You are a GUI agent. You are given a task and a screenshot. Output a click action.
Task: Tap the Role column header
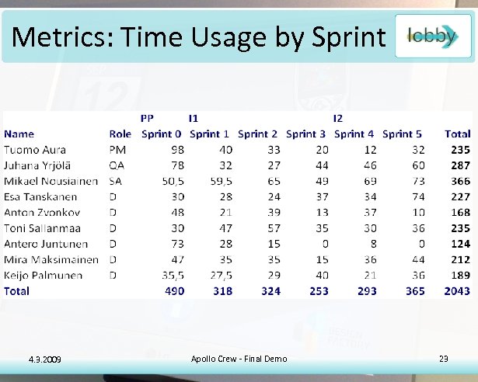[120, 134]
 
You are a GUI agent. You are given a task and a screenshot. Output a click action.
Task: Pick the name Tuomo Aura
[35, 150]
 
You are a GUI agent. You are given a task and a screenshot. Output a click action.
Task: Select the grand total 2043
[457, 292]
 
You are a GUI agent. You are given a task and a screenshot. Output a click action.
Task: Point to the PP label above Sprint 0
[146, 119]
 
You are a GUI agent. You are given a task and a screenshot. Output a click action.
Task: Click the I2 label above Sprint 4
[338, 119]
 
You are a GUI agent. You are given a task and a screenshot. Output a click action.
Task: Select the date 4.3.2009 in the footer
[44, 359]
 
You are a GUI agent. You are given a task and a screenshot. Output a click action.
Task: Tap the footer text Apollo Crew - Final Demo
[239, 358]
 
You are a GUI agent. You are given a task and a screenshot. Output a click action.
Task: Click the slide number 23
[444, 358]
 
